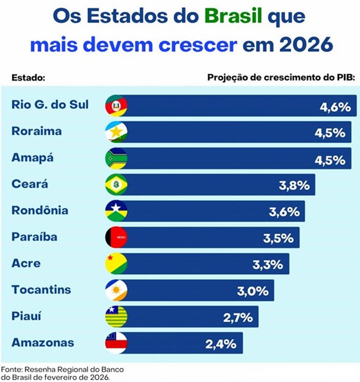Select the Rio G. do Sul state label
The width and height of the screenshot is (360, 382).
point(50,105)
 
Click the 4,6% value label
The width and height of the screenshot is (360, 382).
point(334,106)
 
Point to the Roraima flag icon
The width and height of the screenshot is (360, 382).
point(116,132)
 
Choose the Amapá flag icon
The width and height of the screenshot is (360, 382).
point(116,158)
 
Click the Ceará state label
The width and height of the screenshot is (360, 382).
point(29,184)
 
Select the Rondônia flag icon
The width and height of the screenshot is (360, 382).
point(116,211)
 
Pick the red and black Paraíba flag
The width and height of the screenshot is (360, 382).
point(116,237)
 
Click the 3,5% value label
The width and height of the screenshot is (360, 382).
point(278,238)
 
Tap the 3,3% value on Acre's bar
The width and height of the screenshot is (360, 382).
point(267,265)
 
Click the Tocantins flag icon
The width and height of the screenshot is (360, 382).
point(116,290)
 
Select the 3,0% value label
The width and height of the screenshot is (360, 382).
point(252,291)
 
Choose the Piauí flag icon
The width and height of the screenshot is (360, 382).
point(116,317)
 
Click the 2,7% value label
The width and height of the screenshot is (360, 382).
point(237,317)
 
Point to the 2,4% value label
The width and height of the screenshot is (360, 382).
point(221,344)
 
